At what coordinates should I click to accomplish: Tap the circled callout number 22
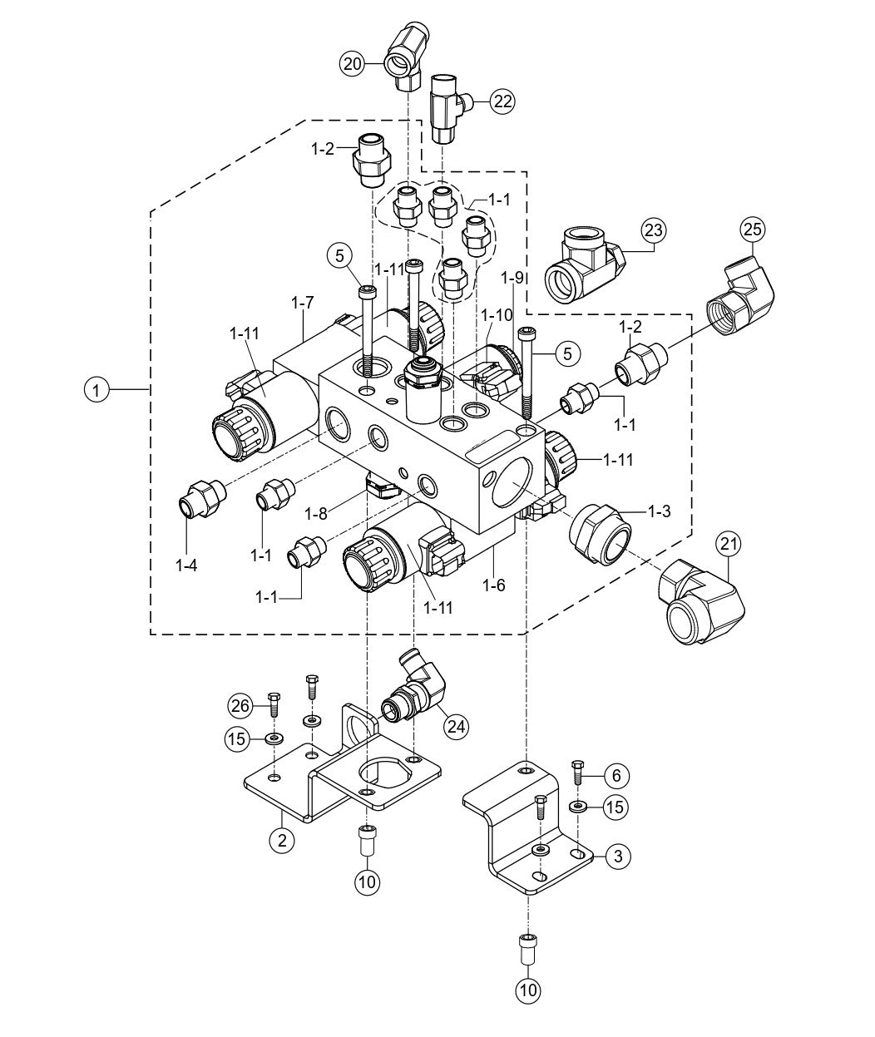click(x=502, y=101)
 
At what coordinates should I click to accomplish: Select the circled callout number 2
click(x=283, y=840)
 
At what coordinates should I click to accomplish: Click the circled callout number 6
click(x=615, y=775)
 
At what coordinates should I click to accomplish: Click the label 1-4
click(x=187, y=565)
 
